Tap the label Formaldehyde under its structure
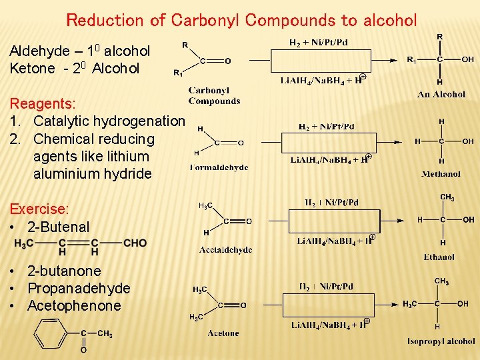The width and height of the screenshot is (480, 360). click(219, 167)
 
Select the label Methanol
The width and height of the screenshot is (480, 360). click(441, 174)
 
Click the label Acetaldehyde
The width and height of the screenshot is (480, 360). click(225, 250)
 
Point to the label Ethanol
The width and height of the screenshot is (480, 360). click(439, 257)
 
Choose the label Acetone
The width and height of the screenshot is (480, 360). click(223, 333)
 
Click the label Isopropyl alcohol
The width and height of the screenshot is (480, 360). click(441, 341)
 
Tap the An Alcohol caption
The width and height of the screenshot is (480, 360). click(441, 95)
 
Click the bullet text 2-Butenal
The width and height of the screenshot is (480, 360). click(59, 227)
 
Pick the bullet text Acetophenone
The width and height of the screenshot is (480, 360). click(74, 306)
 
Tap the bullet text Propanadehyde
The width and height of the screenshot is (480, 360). click(79, 289)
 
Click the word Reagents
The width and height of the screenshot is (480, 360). click(43, 104)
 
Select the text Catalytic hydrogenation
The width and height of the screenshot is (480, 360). click(109, 121)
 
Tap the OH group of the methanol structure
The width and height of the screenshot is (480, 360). click(467, 141)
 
